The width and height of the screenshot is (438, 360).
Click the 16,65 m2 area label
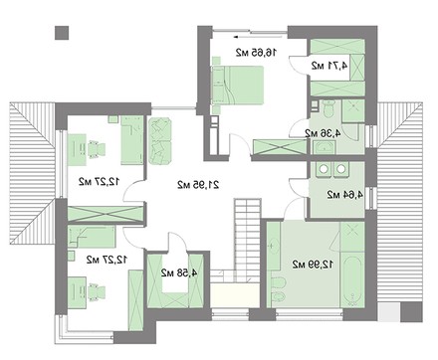pos(256,53)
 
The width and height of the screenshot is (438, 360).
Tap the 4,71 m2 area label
pos(329,66)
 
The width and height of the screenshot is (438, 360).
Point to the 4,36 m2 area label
pos(323,133)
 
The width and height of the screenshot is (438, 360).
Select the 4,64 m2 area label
pos(344,195)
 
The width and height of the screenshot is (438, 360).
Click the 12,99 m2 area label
pos(314,265)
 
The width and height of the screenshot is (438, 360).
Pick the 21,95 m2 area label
pos(198,185)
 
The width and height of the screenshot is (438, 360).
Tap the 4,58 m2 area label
pos(179,273)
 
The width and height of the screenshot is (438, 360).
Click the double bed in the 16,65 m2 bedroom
pos(238,85)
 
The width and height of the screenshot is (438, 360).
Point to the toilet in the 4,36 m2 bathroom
pos(328,108)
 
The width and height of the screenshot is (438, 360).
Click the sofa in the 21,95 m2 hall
pos(160,140)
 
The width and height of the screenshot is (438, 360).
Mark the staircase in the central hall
pos(247,240)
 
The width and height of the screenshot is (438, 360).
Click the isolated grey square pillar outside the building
pos(62,33)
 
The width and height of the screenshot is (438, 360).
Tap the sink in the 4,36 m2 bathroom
pos(324,147)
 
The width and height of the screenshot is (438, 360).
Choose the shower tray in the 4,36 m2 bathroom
pos(353,110)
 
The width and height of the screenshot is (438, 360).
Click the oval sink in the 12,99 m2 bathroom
pos(274,246)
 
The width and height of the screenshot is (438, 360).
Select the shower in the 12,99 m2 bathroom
pos(351,237)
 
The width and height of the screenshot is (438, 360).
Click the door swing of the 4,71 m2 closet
pos(299,65)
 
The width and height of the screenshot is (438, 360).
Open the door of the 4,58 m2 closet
pos(178,243)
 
